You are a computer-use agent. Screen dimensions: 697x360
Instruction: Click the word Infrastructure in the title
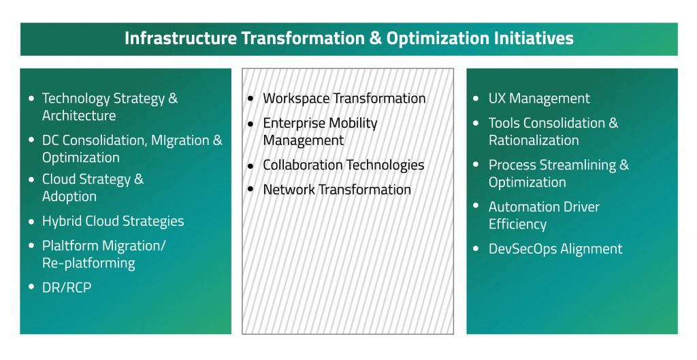180,38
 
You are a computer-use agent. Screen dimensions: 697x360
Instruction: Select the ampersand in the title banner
376,38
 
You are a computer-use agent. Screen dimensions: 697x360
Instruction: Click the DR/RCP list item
67,288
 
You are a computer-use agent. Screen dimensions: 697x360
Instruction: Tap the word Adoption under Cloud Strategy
69,197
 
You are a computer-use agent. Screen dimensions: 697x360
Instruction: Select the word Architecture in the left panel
79,116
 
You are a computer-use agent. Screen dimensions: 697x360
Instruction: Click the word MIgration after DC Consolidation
180,140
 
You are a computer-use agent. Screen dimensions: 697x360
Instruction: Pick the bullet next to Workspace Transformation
250,99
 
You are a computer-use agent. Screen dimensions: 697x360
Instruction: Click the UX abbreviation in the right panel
497,99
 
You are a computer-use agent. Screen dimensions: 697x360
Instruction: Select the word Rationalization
534,140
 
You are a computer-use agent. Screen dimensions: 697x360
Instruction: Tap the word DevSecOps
522,249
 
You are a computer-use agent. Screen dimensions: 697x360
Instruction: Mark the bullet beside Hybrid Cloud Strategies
31,221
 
